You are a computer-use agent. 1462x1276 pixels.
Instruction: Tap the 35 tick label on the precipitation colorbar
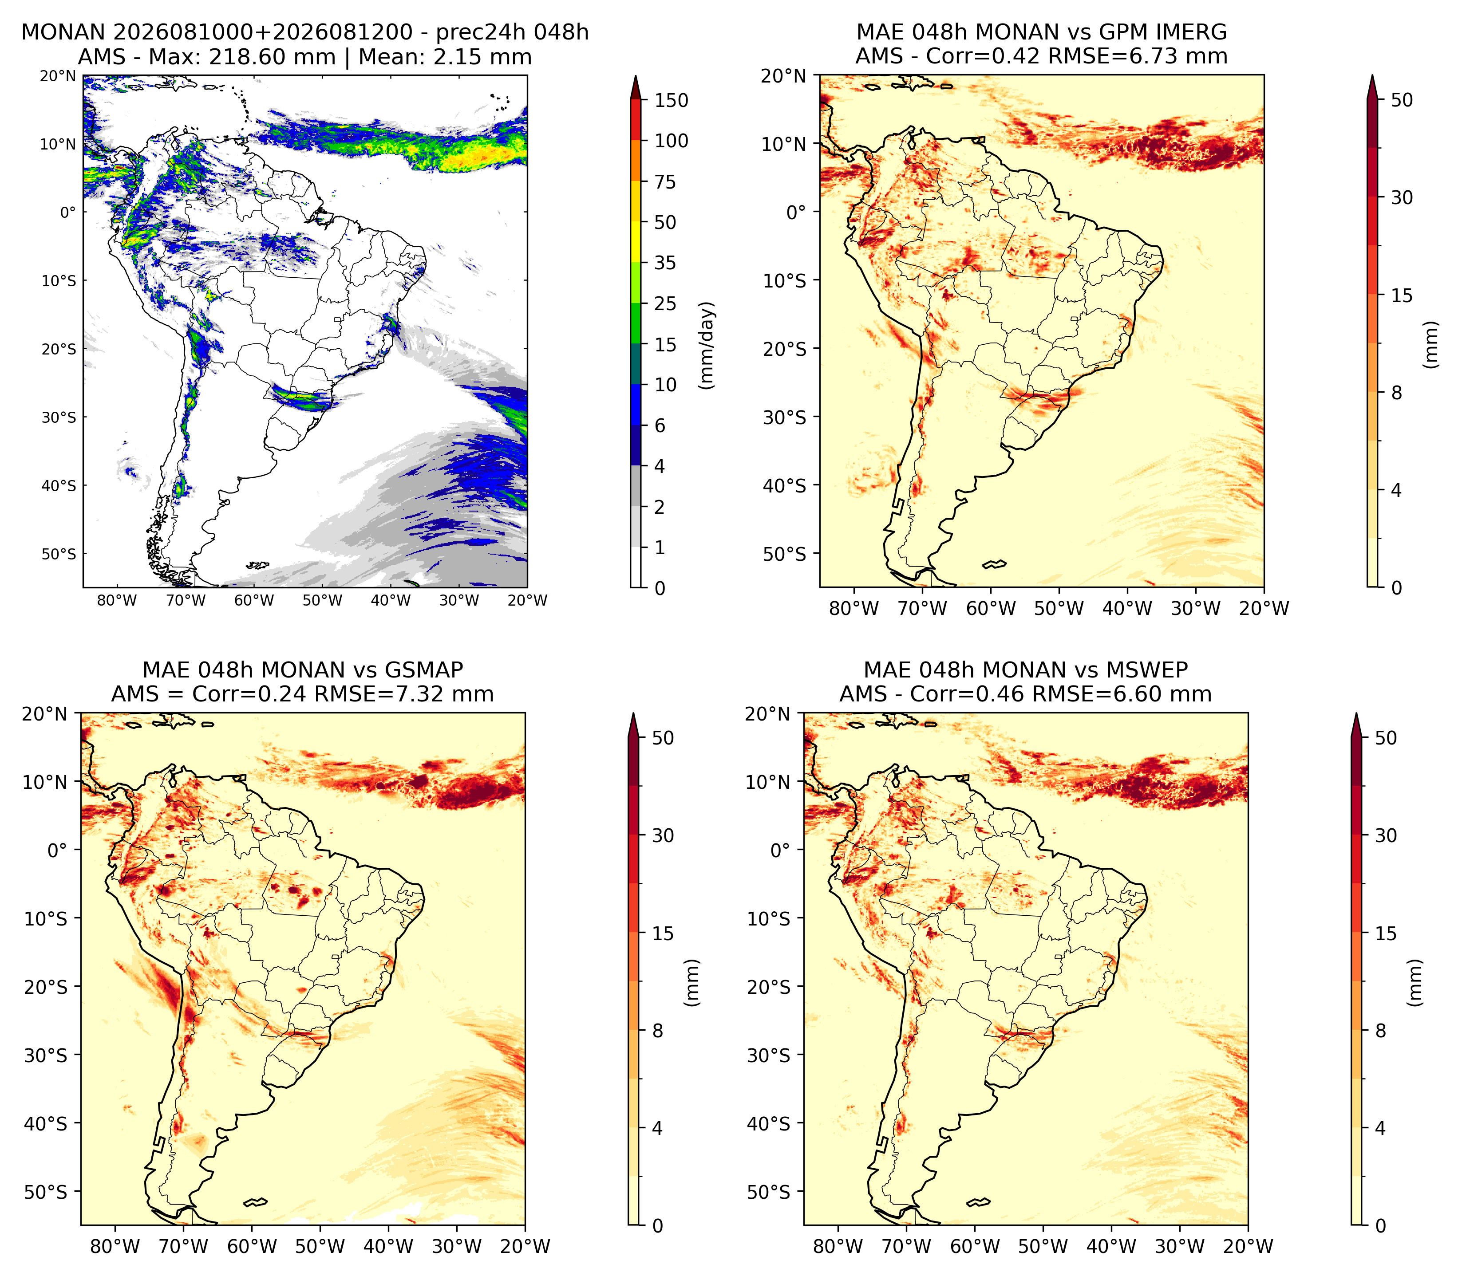tap(665, 263)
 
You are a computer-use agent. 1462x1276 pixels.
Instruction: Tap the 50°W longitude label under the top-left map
tap(322, 600)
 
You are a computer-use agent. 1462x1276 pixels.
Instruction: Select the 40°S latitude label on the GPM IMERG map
tap(784, 486)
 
